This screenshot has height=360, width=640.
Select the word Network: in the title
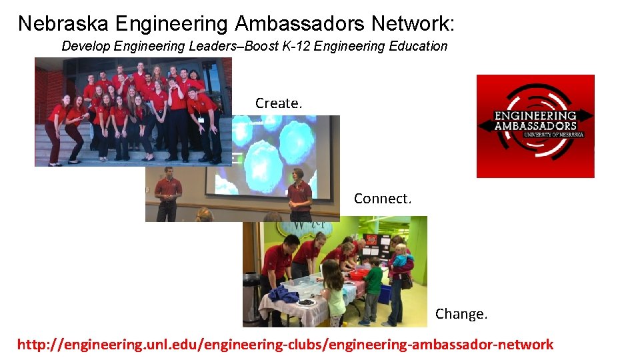(x=413, y=23)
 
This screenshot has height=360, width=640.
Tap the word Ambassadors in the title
(x=300, y=23)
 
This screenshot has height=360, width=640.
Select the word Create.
(x=279, y=103)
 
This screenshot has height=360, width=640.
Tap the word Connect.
(x=383, y=199)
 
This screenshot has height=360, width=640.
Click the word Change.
(x=461, y=313)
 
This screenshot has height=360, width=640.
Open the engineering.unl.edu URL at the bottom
(x=285, y=345)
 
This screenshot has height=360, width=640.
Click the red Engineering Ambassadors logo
(x=535, y=126)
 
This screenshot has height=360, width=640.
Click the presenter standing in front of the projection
(x=299, y=193)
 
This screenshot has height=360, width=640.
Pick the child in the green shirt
(x=373, y=287)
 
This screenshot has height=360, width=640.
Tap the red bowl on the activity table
(x=359, y=273)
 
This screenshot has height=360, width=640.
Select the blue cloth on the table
(x=283, y=294)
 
